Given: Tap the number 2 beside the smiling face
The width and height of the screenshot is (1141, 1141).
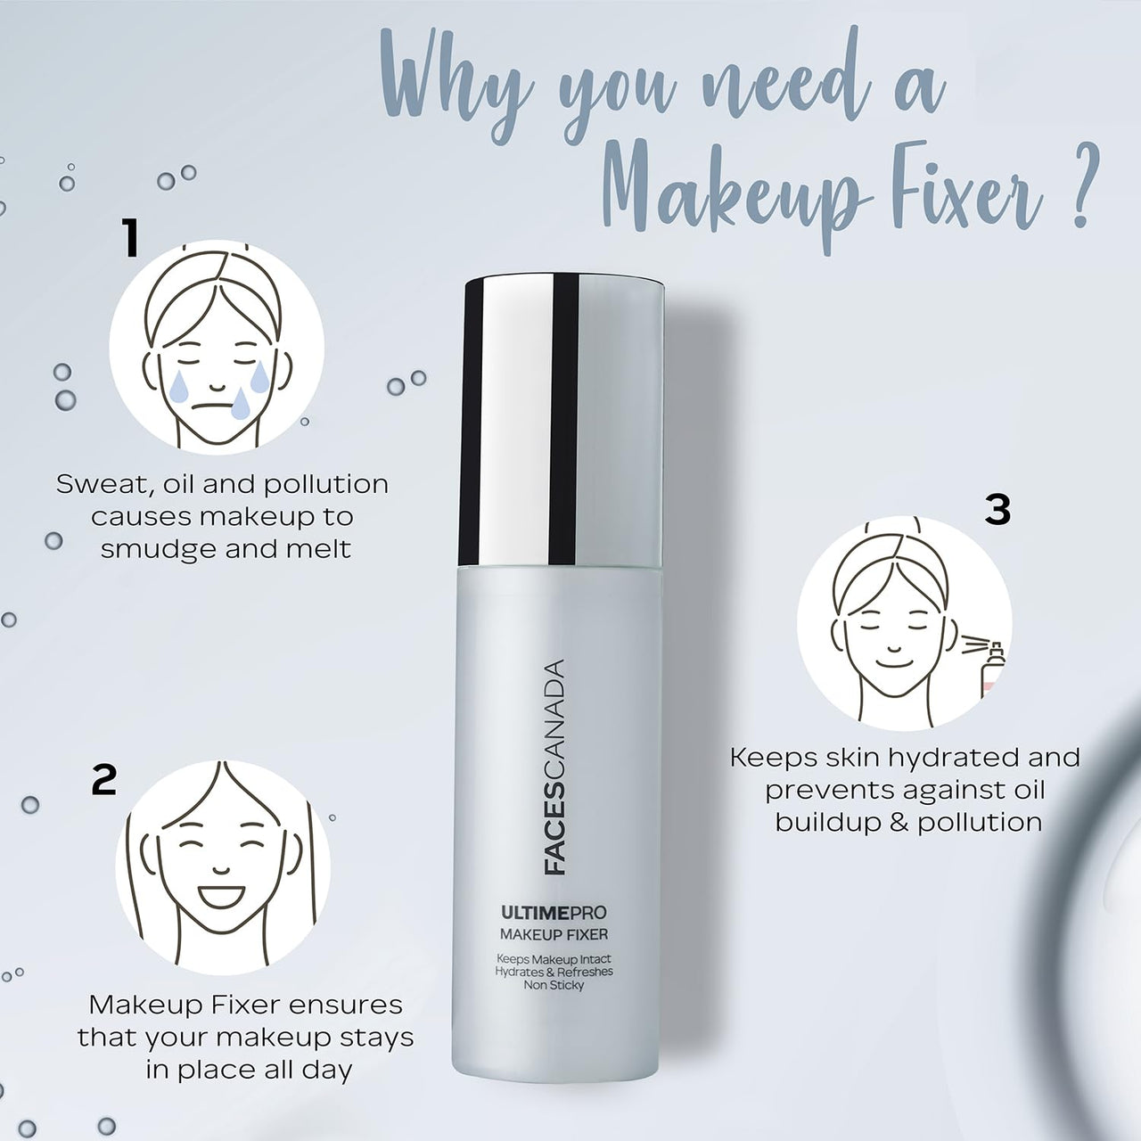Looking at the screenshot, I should point(104,780).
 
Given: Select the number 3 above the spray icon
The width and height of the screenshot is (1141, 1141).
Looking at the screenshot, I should point(997,510).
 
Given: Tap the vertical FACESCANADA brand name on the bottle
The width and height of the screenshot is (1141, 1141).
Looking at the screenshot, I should point(554,767).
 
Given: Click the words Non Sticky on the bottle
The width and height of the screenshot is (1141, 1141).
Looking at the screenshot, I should point(554,985).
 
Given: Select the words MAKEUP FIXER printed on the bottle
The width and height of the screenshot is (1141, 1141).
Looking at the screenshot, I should point(554,934).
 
